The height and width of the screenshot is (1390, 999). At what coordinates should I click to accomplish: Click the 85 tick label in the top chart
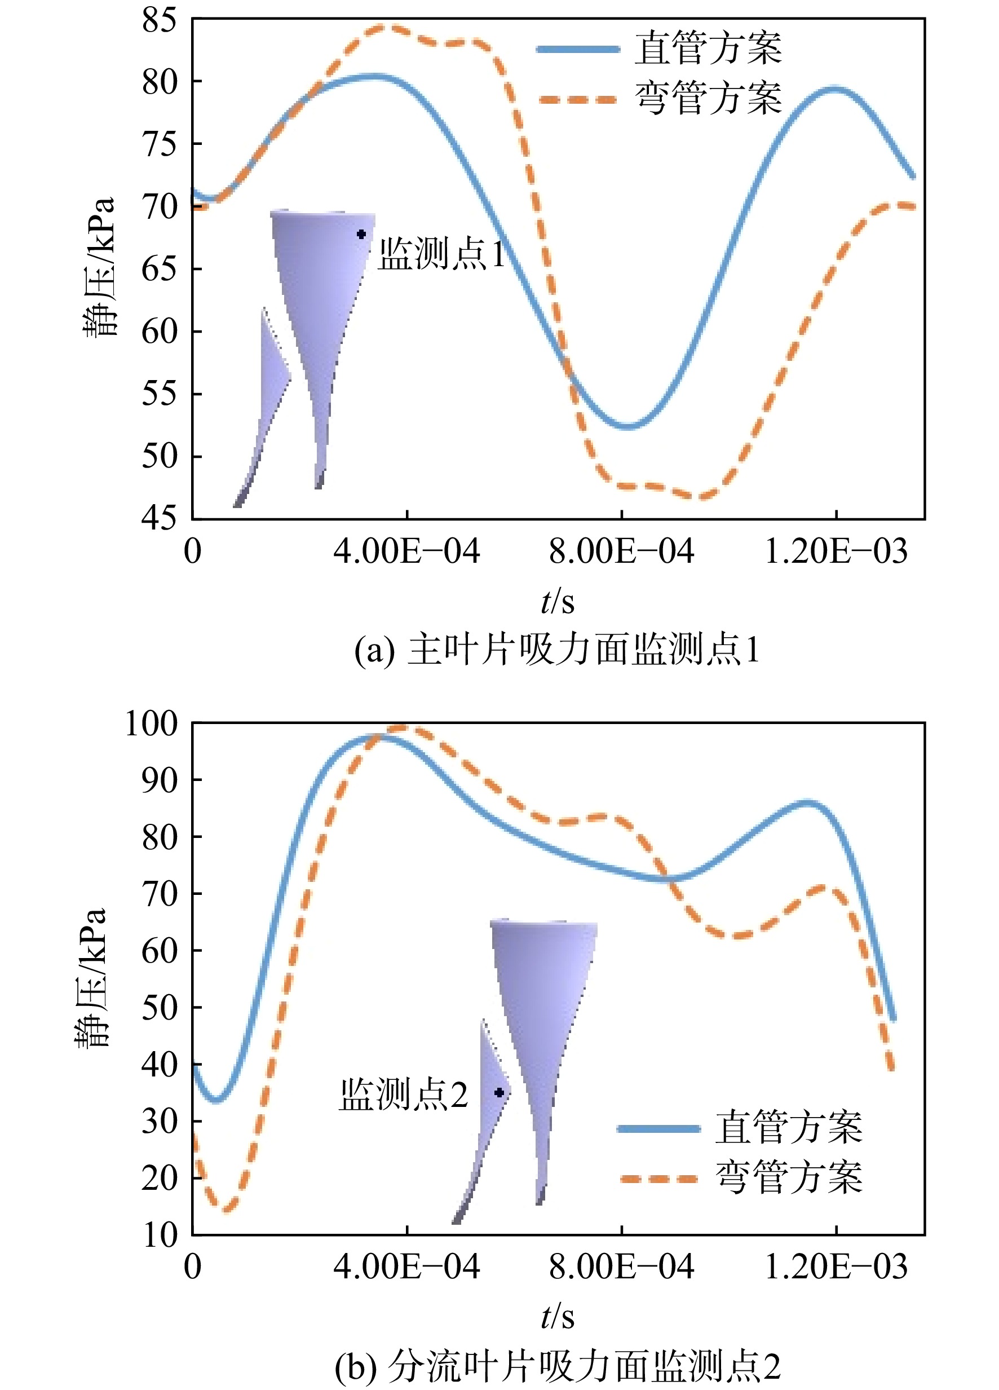pos(159,20)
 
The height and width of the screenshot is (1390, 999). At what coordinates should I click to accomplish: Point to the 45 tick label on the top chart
pos(159,518)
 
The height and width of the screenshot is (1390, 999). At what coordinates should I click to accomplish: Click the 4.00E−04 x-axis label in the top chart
pos(406,551)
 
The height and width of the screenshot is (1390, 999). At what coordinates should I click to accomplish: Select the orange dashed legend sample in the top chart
pos(578,99)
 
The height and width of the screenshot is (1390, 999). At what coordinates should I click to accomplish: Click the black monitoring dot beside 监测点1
pos(361,234)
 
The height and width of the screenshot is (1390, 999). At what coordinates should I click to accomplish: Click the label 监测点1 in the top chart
pos(442,253)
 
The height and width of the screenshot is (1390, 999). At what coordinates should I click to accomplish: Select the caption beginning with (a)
pos(558,649)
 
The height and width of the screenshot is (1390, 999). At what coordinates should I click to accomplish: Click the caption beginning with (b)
pos(558,1366)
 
